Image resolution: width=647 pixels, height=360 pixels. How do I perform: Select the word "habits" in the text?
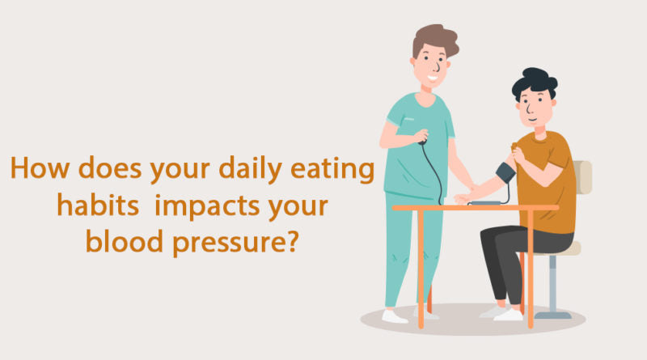pos(87,206)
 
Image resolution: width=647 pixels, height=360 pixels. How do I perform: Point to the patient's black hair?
pos(535,82)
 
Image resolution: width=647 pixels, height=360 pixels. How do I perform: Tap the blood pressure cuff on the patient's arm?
pos(505,172)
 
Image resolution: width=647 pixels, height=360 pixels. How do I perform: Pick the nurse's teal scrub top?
pos(417,154)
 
